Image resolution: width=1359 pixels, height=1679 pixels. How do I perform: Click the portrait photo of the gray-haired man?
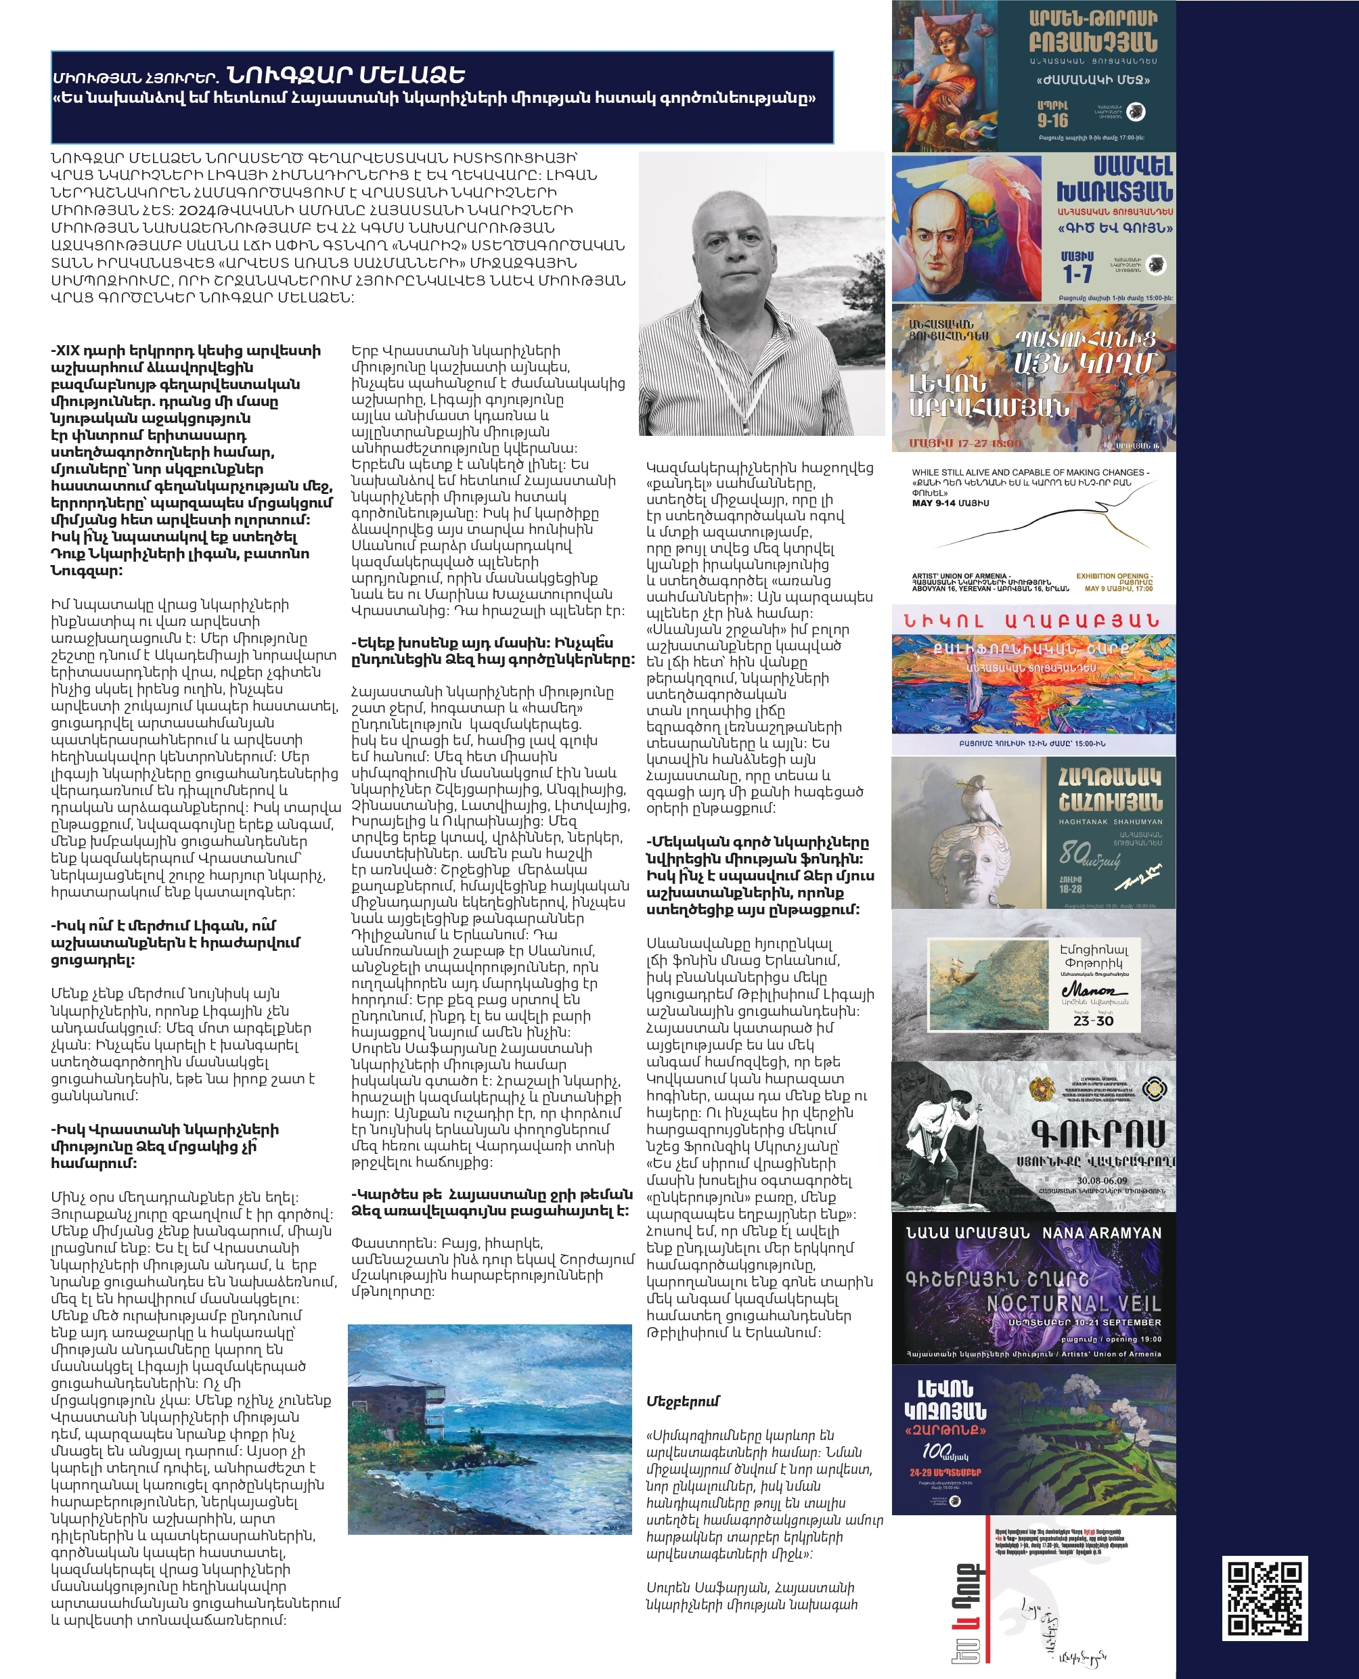tap(761, 294)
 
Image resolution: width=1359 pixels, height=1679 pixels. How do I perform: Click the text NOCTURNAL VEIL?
tap(1073, 1303)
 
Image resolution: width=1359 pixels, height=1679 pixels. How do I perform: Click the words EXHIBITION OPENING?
tap(1113, 576)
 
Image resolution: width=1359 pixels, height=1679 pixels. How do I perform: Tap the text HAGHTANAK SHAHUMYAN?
tap(1110, 822)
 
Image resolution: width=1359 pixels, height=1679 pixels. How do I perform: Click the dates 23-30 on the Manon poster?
tap(1093, 1021)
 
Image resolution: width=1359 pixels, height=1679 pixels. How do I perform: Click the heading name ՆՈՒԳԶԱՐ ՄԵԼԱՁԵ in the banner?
tap(345, 75)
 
